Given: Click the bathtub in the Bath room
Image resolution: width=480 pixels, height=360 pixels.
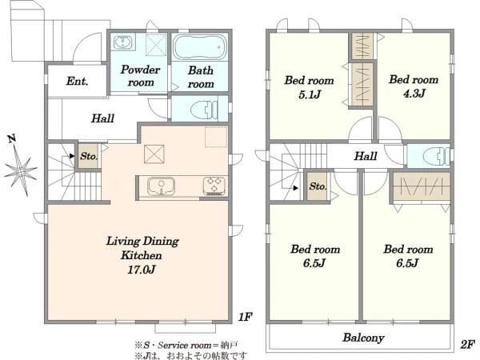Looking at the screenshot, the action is (200, 47).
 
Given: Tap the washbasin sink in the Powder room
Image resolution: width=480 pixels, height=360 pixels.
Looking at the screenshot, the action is (123, 42).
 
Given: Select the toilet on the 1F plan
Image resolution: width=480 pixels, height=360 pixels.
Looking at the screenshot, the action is (203, 109).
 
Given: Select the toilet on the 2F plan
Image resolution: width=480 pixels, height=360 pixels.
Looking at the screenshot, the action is (436, 156).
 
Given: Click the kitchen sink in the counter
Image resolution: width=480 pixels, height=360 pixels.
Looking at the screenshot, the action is (161, 186).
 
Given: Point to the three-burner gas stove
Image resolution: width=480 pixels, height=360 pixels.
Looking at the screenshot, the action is (214, 186).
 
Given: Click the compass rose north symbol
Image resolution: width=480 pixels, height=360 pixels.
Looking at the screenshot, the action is (21, 170).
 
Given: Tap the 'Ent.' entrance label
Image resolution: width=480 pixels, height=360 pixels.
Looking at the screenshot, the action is (77, 81).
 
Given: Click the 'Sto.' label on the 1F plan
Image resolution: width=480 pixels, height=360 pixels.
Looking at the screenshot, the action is (89, 156).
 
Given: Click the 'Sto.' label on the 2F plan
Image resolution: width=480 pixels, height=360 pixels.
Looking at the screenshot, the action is (318, 186).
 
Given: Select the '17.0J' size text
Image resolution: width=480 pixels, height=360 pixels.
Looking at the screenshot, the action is (142, 270).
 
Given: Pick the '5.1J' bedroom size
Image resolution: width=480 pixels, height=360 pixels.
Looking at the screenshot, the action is (309, 94).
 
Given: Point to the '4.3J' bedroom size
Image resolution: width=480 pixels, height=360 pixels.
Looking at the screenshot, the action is (414, 93).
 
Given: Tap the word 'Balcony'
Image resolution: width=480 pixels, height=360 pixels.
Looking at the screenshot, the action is (363, 338).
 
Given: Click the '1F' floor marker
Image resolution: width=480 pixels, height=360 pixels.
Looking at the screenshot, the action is (245, 317).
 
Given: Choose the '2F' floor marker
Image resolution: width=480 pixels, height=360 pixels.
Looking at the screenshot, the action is (467, 344).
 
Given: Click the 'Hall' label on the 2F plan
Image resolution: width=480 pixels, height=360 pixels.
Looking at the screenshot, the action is (366, 156).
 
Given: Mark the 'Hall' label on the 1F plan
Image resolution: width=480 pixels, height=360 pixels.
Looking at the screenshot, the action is (102, 118).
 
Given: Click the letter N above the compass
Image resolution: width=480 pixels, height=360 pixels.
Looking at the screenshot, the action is (12, 138).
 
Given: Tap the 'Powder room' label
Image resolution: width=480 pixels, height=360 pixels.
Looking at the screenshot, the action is (140, 76).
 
